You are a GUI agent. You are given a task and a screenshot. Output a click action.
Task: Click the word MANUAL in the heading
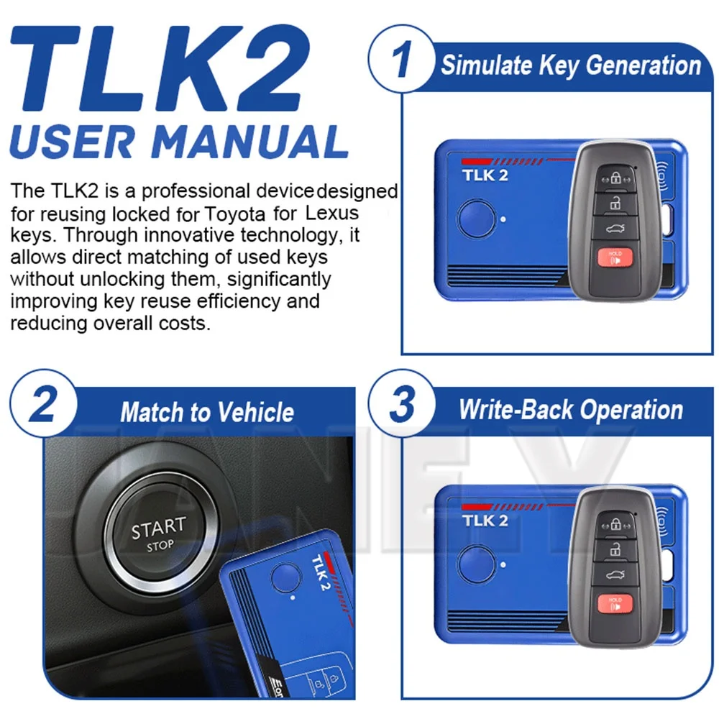(249, 141)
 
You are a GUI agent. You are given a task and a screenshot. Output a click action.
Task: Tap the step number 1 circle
(402, 59)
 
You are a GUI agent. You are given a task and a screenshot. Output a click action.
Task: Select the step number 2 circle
(44, 403)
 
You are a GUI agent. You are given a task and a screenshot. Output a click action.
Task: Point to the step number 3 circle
(402, 403)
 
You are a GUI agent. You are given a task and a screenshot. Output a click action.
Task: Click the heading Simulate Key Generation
(571, 65)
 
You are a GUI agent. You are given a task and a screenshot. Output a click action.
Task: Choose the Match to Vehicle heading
(207, 412)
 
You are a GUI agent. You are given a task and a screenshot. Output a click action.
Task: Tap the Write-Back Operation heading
(571, 410)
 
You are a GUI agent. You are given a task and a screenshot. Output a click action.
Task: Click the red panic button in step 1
(615, 257)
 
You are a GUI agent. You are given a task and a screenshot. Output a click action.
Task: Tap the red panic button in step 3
(615, 603)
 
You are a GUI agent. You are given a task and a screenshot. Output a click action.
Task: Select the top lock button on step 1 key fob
(615, 178)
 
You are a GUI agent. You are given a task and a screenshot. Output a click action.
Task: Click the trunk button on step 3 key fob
(615, 574)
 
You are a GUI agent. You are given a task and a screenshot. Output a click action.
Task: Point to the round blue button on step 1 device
(476, 219)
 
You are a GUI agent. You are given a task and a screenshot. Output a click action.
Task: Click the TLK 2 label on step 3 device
(485, 521)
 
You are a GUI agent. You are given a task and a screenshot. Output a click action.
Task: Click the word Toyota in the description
(234, 214)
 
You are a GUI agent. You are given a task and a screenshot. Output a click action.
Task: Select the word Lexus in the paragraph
(332, 213)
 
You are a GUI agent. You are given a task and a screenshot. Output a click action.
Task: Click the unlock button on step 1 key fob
(615, 203)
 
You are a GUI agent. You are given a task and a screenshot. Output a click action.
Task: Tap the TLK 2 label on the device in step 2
(321, 573)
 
